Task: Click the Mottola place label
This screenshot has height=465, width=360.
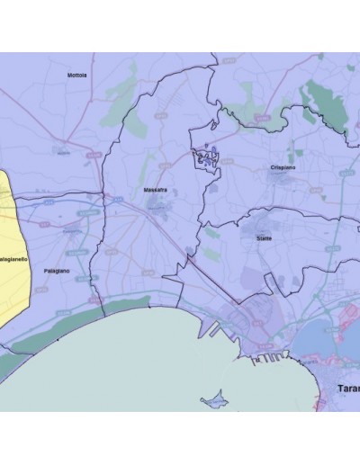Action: (x=77, y=76)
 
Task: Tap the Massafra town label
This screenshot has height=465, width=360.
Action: (x=156, y=191)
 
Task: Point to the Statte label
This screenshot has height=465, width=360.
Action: (x=264, y=238)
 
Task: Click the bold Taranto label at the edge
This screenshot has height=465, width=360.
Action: (x=347, y=388)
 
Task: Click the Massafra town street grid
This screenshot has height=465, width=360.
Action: (x=158, y=206)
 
